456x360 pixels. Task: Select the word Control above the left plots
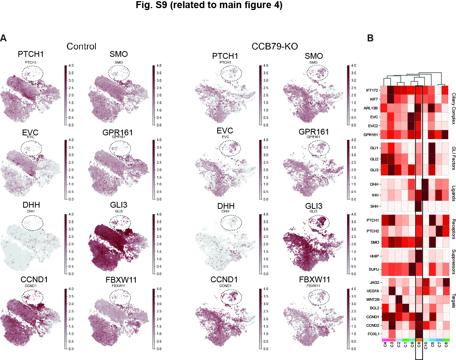click(81, 46)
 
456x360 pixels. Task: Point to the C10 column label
click(426, 346)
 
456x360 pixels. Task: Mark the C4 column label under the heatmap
click(385, 345)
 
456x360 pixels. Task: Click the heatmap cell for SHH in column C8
click(419, 206)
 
